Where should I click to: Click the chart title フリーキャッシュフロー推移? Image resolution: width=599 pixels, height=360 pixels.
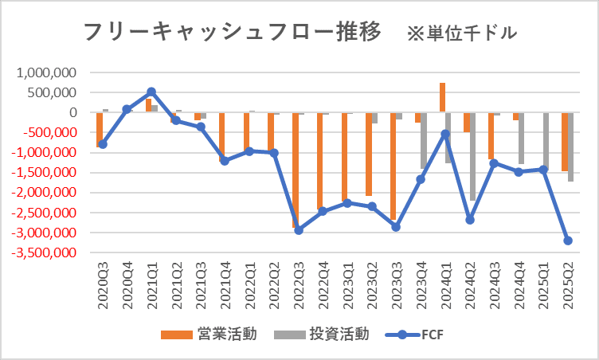(231, 33)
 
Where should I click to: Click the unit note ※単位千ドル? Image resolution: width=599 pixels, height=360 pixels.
(461, 33)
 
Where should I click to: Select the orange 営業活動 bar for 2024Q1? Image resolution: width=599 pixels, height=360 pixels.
(442, 97)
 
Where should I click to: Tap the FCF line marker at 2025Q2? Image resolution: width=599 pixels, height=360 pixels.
(568, 241)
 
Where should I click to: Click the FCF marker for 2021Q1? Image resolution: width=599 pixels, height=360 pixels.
(151, 92)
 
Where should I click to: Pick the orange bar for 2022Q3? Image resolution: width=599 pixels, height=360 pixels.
(296, 170)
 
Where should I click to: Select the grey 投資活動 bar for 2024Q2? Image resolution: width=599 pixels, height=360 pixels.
(473, 156)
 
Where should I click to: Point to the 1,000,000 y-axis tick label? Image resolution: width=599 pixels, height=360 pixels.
(45, 72)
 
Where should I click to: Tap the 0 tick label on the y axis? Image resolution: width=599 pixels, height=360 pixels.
(72, 112)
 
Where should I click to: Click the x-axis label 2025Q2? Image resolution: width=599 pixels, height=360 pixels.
(569, 284)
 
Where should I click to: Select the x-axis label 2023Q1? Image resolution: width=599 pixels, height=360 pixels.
(347, 284)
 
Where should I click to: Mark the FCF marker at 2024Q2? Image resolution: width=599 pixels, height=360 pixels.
(470, 219)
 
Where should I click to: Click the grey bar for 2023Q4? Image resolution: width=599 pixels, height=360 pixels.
(424, 140)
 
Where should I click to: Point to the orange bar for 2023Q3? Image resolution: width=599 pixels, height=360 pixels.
(393, 166)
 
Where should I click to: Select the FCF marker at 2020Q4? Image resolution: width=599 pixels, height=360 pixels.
(127, 109)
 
